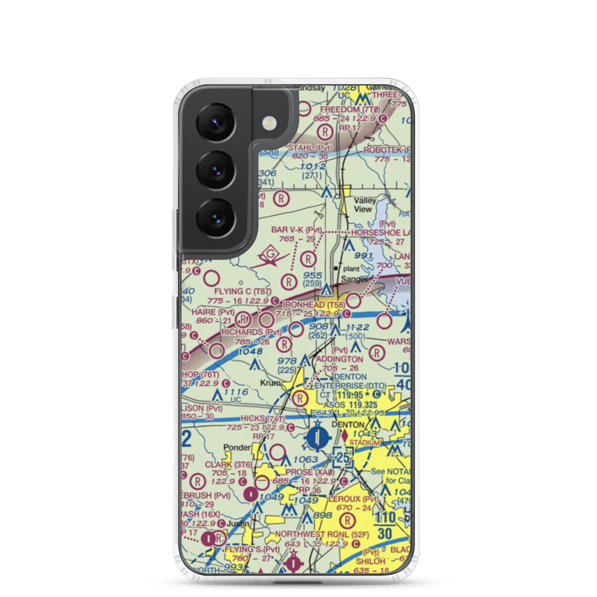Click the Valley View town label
[364, 205]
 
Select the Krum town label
[270, 383]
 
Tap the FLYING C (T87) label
[243, 292]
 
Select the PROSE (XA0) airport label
[307, 472]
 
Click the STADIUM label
[364, 442]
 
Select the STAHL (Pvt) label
[310, 147]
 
